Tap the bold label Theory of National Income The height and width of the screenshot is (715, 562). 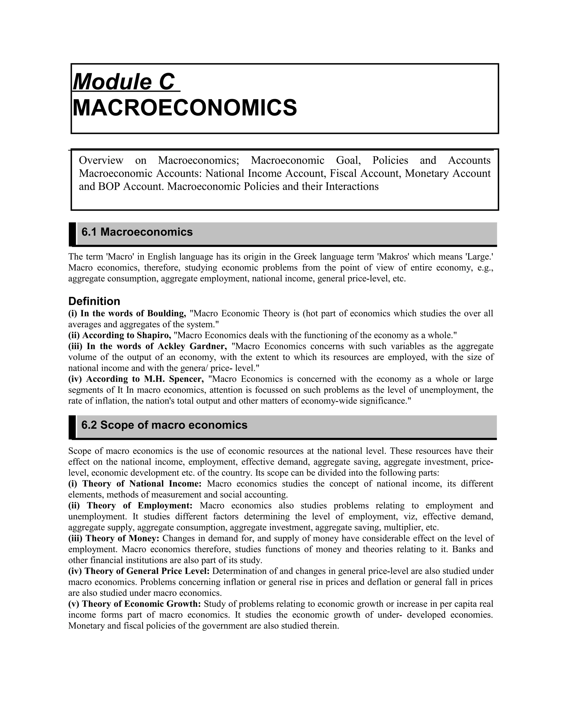[142, 484]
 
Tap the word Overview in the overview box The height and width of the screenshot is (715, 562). [101, 160]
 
